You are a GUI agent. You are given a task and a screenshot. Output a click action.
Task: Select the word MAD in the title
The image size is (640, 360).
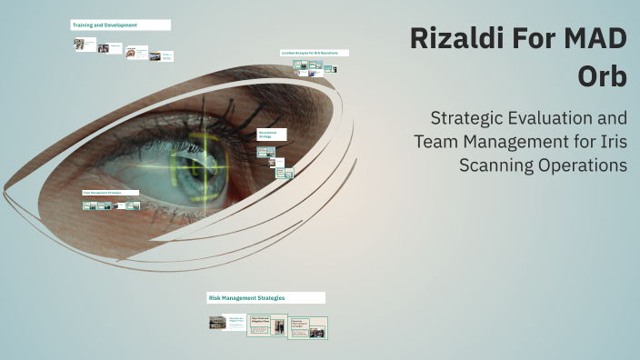pos(591,40)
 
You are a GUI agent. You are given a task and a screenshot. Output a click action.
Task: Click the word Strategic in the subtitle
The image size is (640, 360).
pos(471,119)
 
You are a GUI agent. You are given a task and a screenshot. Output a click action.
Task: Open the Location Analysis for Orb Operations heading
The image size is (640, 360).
pos(314,53)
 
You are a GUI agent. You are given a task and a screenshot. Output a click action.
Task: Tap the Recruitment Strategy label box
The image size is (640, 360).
pos(271,134)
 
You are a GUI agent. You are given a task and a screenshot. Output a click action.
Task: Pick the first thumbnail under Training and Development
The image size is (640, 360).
pos(85,44)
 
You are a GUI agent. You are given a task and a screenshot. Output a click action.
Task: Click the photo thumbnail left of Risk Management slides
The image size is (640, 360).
pos(216,322)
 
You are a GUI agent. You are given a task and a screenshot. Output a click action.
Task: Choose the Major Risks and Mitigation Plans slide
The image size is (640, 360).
pos(267,325)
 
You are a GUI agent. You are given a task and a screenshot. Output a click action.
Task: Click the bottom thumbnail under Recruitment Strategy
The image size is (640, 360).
pos(283,173)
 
